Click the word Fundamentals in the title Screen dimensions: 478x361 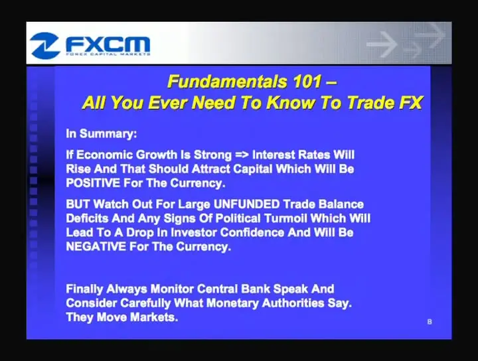(x=227, y=82)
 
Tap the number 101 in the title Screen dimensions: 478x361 (x=307, y=82)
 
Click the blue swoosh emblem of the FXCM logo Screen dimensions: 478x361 (x=44, y=45)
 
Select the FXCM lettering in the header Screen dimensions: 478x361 (x=108, y=44)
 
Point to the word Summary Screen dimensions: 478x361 (x=108, y=134)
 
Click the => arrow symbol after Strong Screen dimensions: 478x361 (x=242, y=155)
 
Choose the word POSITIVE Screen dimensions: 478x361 (x=93, y=183)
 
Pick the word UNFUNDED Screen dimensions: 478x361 (x=246, y=204)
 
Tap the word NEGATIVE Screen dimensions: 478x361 (x=96, y=246)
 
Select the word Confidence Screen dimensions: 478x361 (x=252, y=232)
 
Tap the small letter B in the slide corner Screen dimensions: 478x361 (x=430, y=322)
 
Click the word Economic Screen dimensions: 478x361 (x=104, y=155)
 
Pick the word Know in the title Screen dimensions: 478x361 (x=290, y=102)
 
